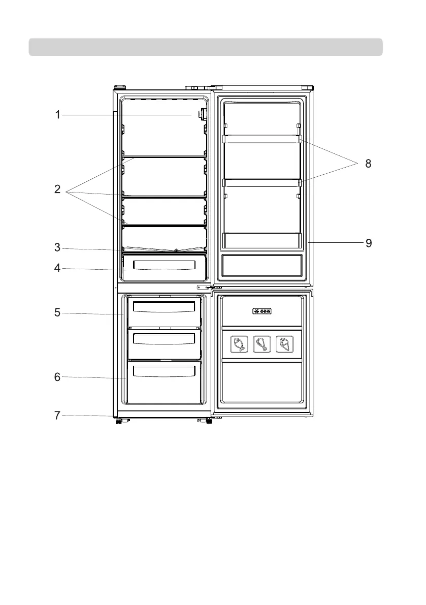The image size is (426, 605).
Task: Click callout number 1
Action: (58, 115)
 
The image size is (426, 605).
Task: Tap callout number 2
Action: (58, 190)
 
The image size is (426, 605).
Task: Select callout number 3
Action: (58, 248)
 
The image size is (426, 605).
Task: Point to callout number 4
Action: (58, 268)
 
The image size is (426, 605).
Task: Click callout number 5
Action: (58, 313)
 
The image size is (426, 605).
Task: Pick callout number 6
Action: (58, 377)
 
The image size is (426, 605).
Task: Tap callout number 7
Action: (58, 416)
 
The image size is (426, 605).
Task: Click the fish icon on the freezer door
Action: (239, 345)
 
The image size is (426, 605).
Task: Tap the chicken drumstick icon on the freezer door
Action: (261, 345)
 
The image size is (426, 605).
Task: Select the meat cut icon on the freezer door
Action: (284, 345)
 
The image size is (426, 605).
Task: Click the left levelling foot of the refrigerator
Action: (119, 421)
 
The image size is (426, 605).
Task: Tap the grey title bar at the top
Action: (206, 47)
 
